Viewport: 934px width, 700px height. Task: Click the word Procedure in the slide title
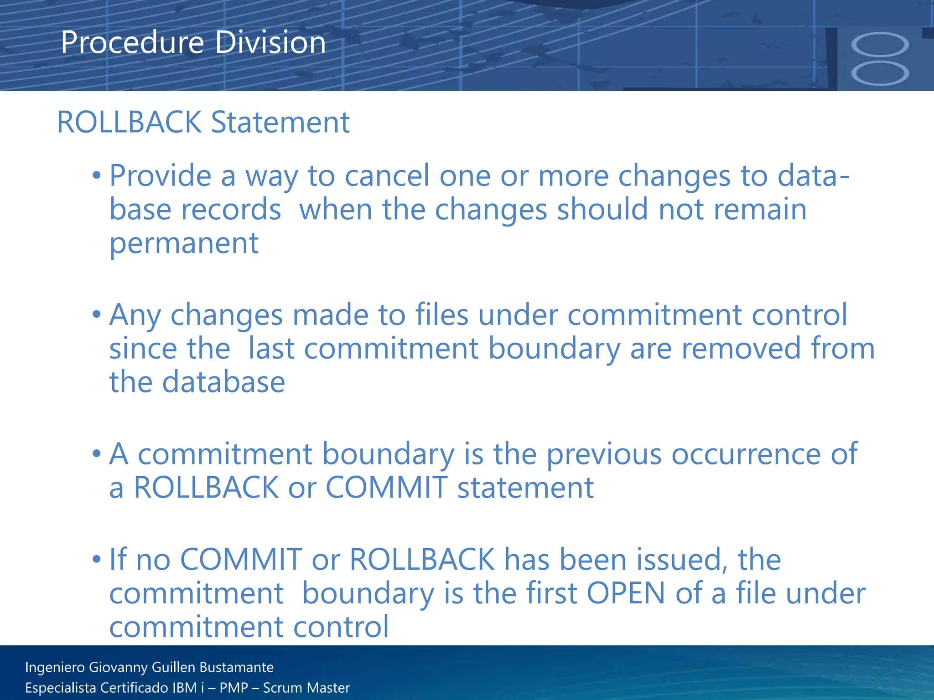pos(132,42)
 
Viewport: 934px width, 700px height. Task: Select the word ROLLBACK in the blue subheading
pos(129,122)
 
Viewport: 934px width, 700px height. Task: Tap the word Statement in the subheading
pos(280,122)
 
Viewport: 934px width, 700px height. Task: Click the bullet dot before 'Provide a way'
pos(96,176)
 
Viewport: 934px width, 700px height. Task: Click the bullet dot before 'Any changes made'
pos(96,315)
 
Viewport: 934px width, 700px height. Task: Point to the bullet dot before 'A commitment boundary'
pos(96,454)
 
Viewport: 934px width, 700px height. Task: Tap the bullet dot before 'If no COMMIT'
pos(96,560)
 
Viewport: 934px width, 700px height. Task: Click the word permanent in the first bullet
pos(184,244)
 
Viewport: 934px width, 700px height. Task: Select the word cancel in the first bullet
pos(387,176)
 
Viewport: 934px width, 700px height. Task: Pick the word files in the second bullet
pos(441,315)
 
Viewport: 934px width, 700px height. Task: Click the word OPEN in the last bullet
pos(626,593)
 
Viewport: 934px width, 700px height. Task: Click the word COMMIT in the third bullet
pos(386,488)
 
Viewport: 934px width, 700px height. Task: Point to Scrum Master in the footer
pos(306,688)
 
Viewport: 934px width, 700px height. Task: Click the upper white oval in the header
pos(880,45)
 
